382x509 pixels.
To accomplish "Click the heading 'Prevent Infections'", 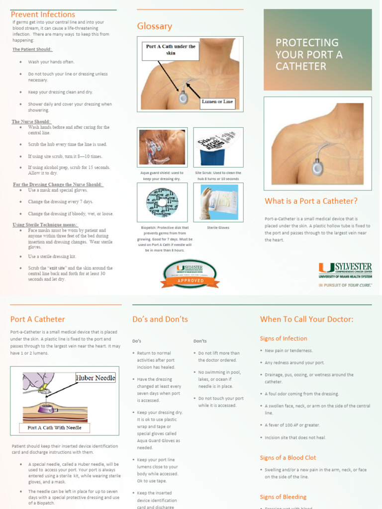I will [43, 14].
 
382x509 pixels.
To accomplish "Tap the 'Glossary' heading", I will [155, 26].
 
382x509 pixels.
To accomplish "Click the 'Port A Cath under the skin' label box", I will [171, 50].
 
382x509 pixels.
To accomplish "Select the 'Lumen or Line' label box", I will [217, 102].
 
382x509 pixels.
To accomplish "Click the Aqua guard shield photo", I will [162, 147].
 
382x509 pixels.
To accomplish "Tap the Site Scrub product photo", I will [218, 147].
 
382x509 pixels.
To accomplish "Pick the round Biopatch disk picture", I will [162, 202].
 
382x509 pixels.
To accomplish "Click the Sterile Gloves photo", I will [218, 202].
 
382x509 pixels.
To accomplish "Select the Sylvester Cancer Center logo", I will [345, 271].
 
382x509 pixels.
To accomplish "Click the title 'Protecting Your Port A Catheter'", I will [309, 55].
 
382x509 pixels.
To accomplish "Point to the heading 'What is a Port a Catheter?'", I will [311, 201].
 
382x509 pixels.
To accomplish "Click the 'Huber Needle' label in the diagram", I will [95, 378].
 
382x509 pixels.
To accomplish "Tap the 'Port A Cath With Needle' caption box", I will [55, 427].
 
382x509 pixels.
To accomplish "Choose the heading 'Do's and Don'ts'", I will [160, 319].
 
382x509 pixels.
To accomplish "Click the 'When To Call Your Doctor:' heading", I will [306, 319].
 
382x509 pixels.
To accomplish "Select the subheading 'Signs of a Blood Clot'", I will [288, 458].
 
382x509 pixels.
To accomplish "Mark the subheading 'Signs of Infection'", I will [284, 339].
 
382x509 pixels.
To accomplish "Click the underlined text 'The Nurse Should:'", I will [31, 122].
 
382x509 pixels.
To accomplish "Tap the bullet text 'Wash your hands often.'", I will [51, 62].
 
